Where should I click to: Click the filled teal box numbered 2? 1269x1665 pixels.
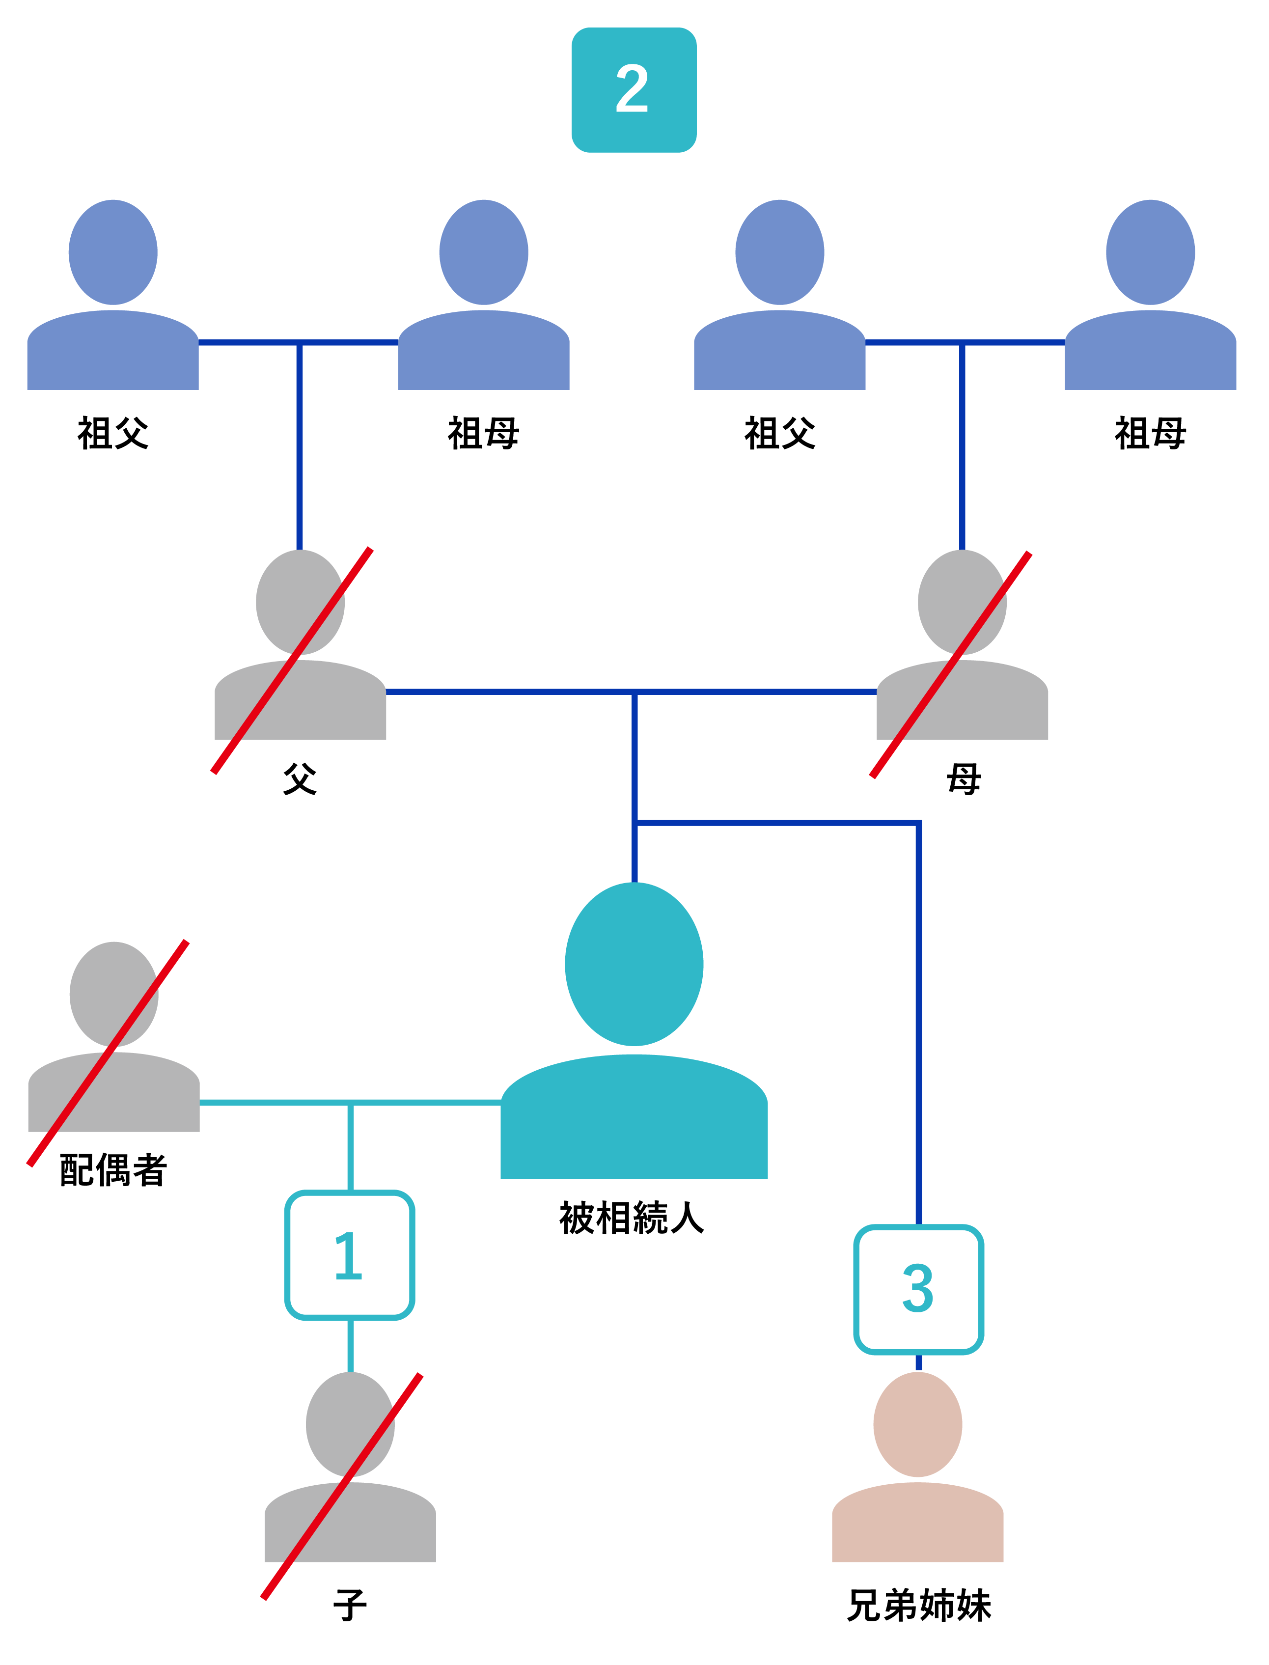coord(634,90)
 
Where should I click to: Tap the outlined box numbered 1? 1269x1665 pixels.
coord(350,1255)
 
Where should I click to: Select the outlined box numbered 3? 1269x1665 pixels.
coord(918,1289)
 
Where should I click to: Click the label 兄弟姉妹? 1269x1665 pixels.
coord(918,1605)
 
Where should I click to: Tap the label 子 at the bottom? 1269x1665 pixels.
coord(350,1605)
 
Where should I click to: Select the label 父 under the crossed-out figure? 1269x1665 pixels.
coord(300,779)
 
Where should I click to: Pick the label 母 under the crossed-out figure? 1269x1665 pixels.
coord(963,779)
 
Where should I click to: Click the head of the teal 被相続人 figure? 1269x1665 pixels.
coord(634,964)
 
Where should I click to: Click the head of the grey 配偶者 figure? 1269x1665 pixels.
coord(114,994)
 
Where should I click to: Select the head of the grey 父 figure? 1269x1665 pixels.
coord(300,602)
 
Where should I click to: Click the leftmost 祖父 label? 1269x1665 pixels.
coord(113,434)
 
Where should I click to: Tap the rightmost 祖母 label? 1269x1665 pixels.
coord(1151,434)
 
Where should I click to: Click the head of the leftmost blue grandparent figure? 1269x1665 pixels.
coord(113,252)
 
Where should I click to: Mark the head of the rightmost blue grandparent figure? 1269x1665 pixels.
coord(1151,252)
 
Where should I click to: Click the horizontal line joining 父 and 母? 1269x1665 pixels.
coord(529,691)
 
